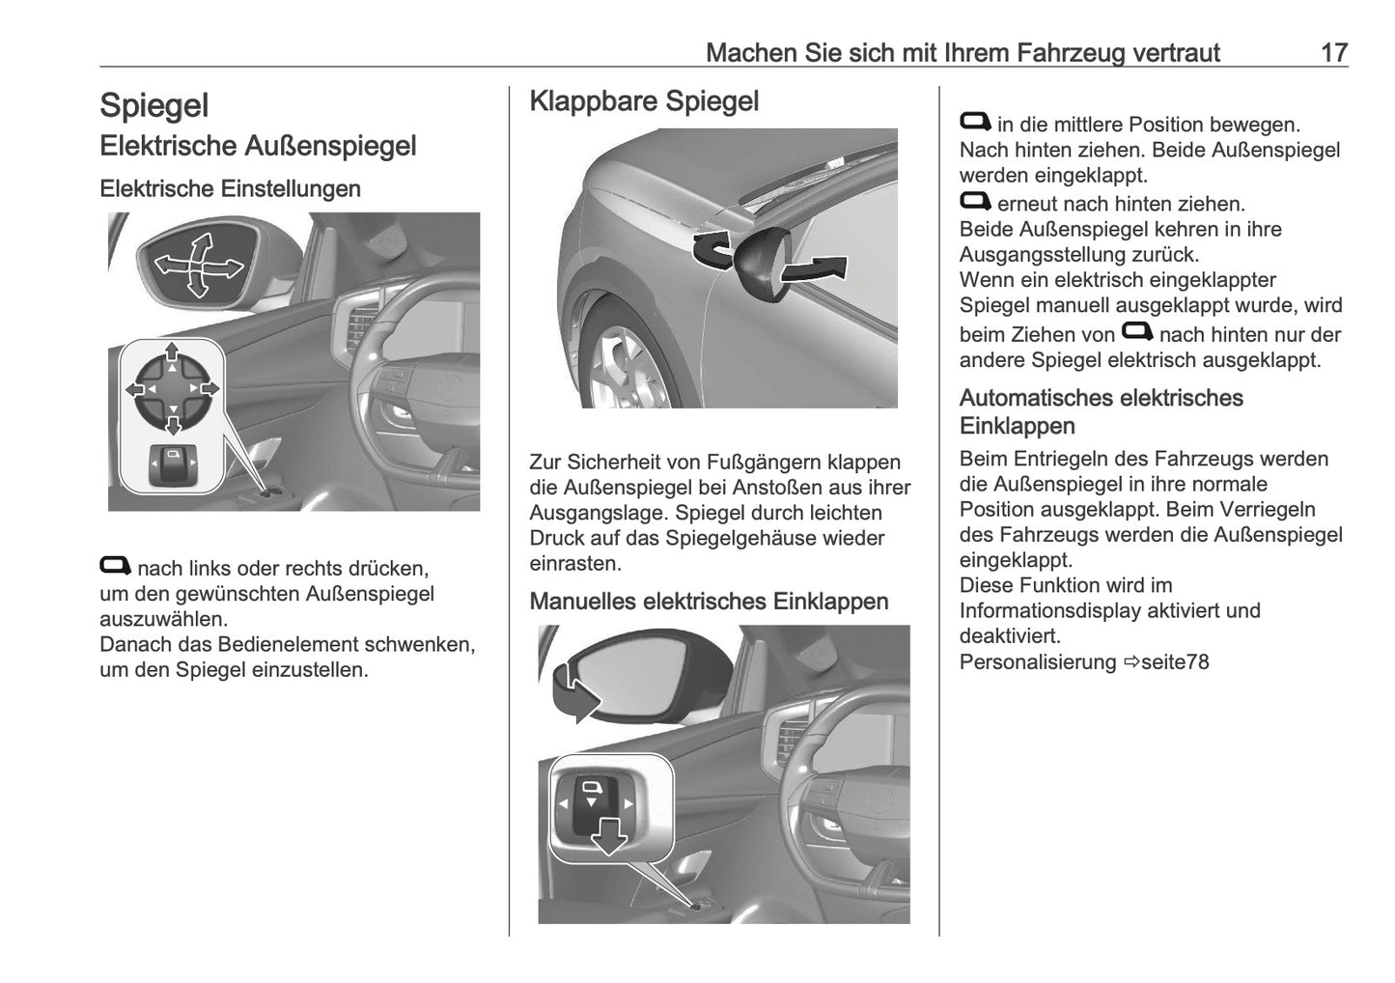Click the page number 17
(1333, 52)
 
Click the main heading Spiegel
(153, 105)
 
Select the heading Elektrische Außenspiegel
(258, 147)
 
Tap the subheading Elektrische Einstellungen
(230, 188)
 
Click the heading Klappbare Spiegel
(644, 101)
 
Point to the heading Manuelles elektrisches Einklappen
(709, 602)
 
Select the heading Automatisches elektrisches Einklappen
(1101, 411)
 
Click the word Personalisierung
(1037, 662)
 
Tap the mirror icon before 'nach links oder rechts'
(116, 566)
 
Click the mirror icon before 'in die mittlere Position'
(975, 122)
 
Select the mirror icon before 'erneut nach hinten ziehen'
(975, 202)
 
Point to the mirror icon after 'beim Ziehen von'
(1137, 332)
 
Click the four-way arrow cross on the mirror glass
(197, 264)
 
